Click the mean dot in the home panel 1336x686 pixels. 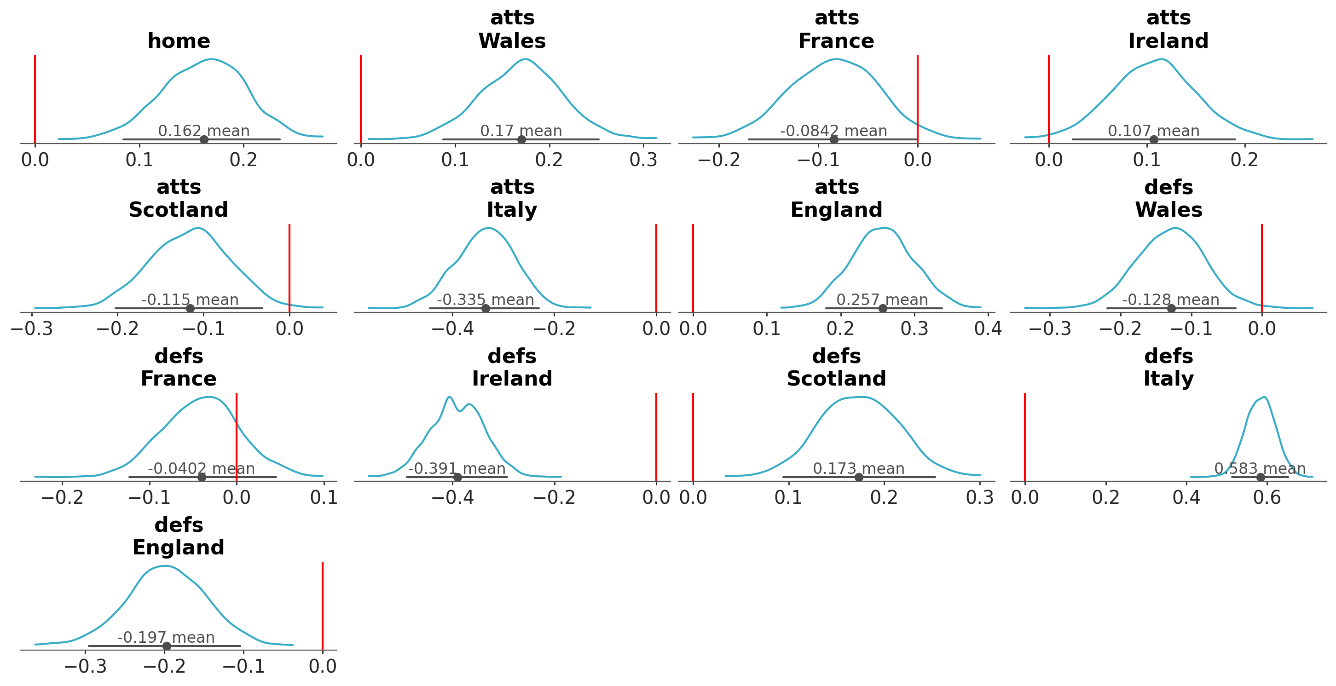pyautogui.click(x=204, y=139)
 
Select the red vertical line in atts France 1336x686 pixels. pyautogui.click(x=918, y=98)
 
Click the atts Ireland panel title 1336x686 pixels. pyautogui.click(x=1168, y=29)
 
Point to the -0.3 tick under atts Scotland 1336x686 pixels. pyautogui.click(x=32, y=329)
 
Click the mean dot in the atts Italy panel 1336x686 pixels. pyautogui.click(x=486, y=309)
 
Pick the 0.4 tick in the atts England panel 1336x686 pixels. pyautogui.click(x=988, y=329)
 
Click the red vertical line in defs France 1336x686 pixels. pyautogui.click(x=237, y=436)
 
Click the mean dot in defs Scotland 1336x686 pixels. pyautogui.click(x=859, y=477)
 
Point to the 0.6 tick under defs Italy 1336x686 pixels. pyautogui.click(x=1267, y=498)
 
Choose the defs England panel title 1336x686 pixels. pyautogui.click(x=179, y=536)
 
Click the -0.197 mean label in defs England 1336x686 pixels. pyautogui.click(x=166, y=637)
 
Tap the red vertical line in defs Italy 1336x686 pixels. pyautogui.click(x=1025, y=436)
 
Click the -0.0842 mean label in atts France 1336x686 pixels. pyautogui.click(x=833, y=131)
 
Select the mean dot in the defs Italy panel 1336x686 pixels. pyautogui.click(x=1260, y=477)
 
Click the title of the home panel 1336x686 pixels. pyautogui.click(x=179, y=41)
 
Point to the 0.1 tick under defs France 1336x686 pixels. pyautogui.click(x=324, y=498)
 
